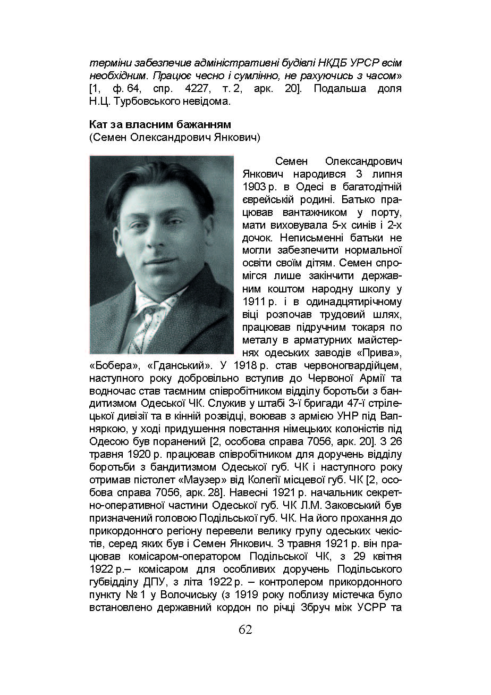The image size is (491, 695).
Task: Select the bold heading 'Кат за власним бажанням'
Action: point(160,124)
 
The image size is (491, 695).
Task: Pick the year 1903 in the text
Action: point(255,187)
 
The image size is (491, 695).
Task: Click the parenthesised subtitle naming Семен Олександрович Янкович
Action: point(174,138)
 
